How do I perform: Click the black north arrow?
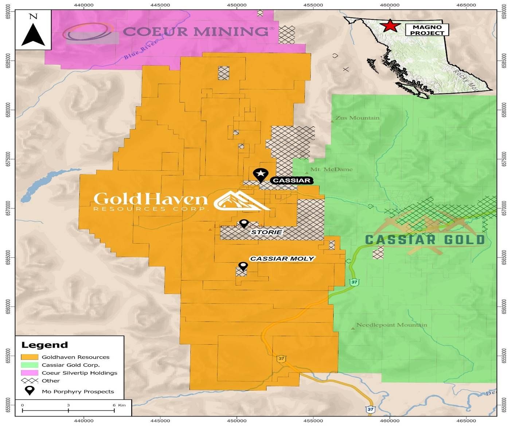(33, 35)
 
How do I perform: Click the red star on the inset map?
(390, 26)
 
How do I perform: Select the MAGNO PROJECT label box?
(427, 30)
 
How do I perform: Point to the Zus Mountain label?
(357, 118)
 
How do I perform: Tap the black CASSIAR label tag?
(292, 180)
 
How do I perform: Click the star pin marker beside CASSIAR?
(261, 175)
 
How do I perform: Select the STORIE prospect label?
(266, 232)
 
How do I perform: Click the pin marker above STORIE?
(244, 223)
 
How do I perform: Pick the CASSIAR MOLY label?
(282, 259)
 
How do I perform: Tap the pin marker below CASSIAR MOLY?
(243, 266)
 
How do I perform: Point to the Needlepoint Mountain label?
(391, 325)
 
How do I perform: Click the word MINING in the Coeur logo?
(231, 32)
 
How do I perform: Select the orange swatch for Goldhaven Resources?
(30, 357)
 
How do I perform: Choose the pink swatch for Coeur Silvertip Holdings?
(30, 373)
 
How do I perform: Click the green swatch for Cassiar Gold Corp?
(30, 365)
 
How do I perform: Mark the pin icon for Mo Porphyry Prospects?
(30, 391)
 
